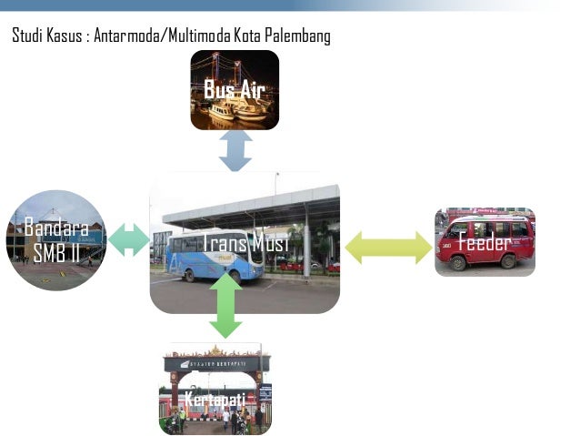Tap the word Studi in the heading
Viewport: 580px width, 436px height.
27,36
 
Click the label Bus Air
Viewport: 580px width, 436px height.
234,89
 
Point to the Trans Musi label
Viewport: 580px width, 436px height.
245,243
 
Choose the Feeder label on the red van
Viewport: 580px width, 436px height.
484,242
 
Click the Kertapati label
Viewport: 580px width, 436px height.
215,399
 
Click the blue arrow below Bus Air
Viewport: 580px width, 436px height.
235,150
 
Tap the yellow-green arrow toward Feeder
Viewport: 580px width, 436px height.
388,247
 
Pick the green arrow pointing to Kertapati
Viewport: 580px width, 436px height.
225,306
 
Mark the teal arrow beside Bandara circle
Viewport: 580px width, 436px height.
129,240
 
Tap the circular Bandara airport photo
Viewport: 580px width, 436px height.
56,239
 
